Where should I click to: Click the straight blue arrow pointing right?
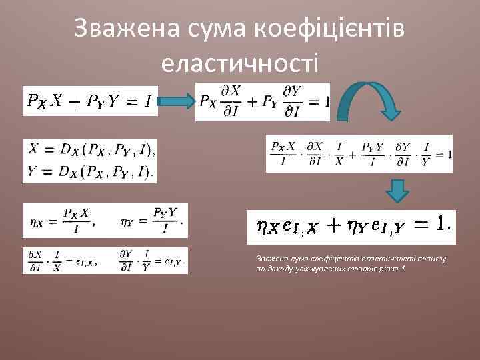(x=176, y=102)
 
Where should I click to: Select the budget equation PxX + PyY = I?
(x=89, y=102)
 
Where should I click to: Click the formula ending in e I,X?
(x=64, y=261)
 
